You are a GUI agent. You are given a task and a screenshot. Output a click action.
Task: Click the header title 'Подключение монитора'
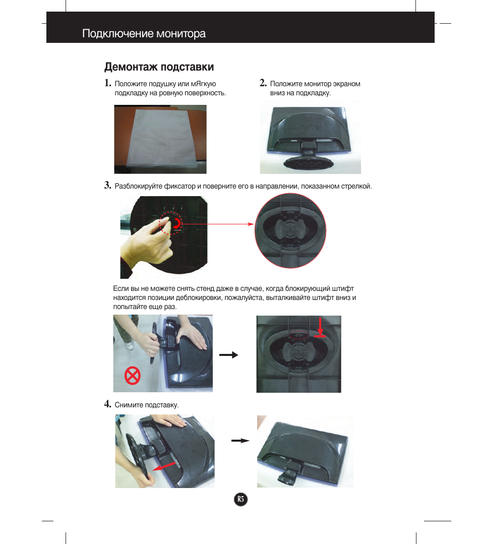click(x=144, y=33)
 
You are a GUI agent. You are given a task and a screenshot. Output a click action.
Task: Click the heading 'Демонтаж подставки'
click(x=159, y=67)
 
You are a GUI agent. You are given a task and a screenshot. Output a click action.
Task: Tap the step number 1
click(x=107, y=83)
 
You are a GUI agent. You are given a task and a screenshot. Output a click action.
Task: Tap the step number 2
click(x=263, y=83)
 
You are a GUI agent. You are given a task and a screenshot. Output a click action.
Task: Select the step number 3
click(x=107, y=185)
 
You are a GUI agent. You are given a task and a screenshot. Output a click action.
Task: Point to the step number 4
click(x=107, y=404)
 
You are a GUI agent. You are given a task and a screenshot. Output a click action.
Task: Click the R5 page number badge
click(x=240, y=499)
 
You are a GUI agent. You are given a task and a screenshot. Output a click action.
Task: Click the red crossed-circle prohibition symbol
click(x=132, y=376)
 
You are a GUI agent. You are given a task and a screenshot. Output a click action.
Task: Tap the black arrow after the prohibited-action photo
click(x=229, y=354)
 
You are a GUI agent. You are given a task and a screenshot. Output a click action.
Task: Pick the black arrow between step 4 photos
click(x=240, y=441)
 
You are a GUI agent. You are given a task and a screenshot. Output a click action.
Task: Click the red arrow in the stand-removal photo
click(x=164, y=467)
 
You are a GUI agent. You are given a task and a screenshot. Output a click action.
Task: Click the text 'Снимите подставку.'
click(x=147, y=405)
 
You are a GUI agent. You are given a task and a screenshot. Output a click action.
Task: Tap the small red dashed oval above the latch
click(x=299, y=335)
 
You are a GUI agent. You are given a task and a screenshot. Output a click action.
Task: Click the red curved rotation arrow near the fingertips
click(x=177, y=223)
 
